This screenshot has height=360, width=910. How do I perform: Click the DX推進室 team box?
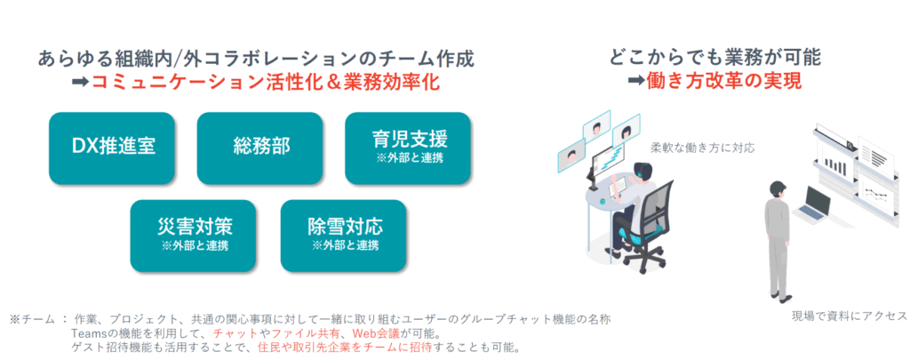112,148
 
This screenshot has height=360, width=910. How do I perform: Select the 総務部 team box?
260,148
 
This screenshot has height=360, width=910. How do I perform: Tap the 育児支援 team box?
408,148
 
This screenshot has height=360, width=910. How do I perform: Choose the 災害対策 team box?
193,236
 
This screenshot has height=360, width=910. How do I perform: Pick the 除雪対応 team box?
344,236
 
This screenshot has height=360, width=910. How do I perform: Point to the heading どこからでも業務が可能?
715,58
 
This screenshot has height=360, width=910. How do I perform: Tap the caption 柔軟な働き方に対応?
703,148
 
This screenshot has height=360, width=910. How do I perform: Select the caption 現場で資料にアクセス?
850,316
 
